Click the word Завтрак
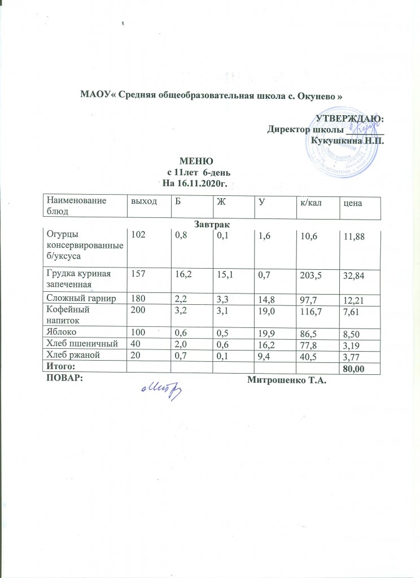[x=210, y=225]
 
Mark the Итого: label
[x=62, y=367]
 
